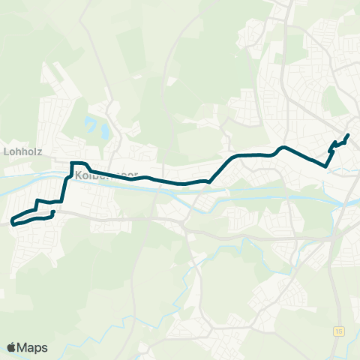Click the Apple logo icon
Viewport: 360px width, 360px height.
pos(13,347)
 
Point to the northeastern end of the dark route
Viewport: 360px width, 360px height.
pos(348,135)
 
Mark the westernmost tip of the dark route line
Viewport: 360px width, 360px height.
pos(12,222)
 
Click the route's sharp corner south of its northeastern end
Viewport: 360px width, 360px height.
pos(325,166)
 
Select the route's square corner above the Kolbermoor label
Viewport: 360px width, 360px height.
pos(72,163)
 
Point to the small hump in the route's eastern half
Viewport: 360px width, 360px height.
pos(282,148)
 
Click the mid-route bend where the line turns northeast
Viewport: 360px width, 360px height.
pos(211,181)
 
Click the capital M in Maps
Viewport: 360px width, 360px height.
pos(23,347)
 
